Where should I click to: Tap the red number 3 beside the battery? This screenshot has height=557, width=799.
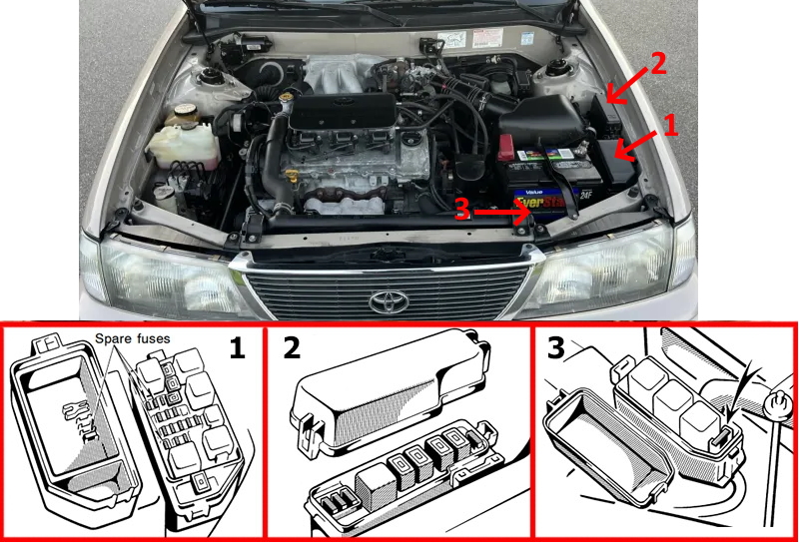461,211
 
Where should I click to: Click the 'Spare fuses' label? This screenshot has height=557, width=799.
134,339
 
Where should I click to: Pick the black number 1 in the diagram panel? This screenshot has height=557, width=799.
237,349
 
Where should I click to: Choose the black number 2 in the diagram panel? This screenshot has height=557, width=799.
291,349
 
